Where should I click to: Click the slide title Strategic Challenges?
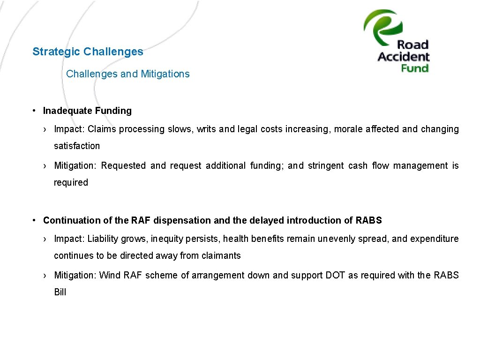pyautogui.click(x=88, y=52)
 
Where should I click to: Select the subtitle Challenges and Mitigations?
pyautogui.click(x=128, y=74)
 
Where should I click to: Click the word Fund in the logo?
pyautogui.click(x=415, y=68)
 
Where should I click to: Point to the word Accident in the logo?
pyautogui.click(x=404, y=57)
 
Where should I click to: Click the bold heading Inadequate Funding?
pyautogui.click(x=87, y=111)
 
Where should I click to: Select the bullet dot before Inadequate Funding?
pyautogui.click(x=35, y=111)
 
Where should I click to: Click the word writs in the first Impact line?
pyautogui.click(x=206, y=129)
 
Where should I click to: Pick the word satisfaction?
pyautogui.click(x=77, y=146)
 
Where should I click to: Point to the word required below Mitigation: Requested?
pyautogui.click(x=71, y=182)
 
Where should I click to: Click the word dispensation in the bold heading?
pyautogui.click(x=182, y=220)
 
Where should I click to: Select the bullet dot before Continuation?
pyautogui.click(x=35, y=220)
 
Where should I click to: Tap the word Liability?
pyautogui.click(x=103, y=239)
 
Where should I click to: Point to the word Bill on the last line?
pyautogui.click(x=60, y=292)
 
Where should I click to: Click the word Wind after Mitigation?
pyautogui.click(x=110, y=275)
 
